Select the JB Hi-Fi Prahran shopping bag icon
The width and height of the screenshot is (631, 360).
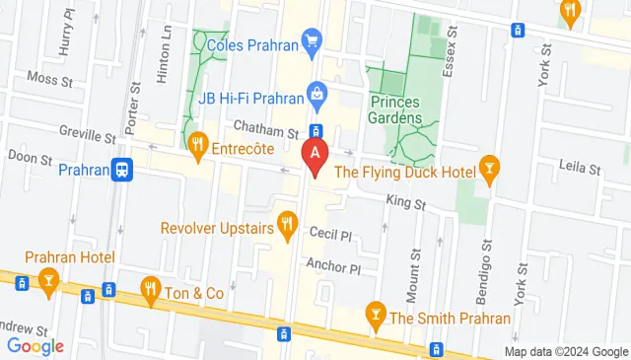(x=316, y=95)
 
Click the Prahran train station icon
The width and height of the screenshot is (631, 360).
(x=122, y=170)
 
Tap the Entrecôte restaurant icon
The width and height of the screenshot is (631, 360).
(x=198, y=144)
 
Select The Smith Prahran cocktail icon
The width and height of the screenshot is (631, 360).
(x=375, y=316)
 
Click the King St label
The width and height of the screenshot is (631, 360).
(x=405, y=203)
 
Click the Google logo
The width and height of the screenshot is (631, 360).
(x=35, y=346)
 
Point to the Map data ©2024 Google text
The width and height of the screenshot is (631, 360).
(x=565, y=352)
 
